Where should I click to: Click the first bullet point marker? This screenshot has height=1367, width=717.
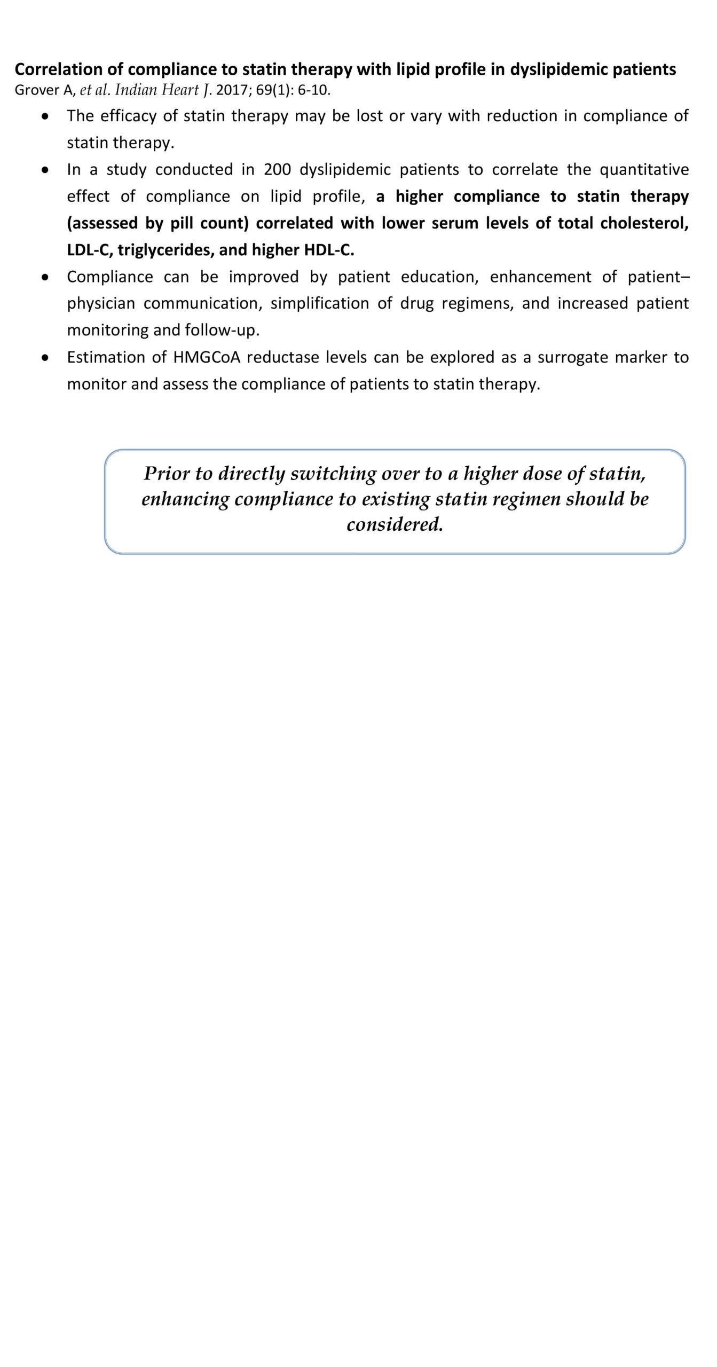point(46,116)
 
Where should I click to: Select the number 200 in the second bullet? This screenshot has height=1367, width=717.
point(277,169)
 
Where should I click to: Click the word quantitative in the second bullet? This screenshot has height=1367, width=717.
point(644,169)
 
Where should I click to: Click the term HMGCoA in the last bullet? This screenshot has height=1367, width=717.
point(207,357)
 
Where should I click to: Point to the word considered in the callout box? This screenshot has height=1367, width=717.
point(395,524)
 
